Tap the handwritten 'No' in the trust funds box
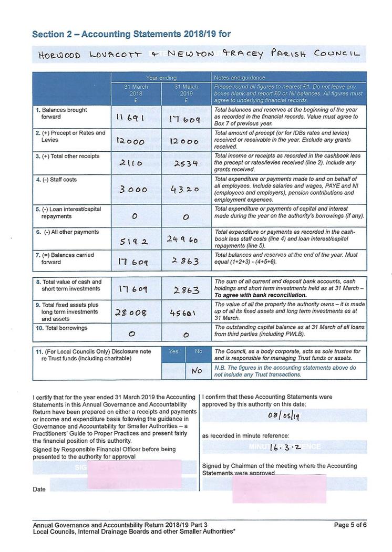tap(197, 370)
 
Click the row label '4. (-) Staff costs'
tap(56, 180)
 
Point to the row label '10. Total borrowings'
tap(61, 328)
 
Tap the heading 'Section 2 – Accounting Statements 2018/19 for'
tap(131, 34)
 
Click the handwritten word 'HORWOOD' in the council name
tap(59, 54)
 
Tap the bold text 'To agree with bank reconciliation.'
tap(260, 295)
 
